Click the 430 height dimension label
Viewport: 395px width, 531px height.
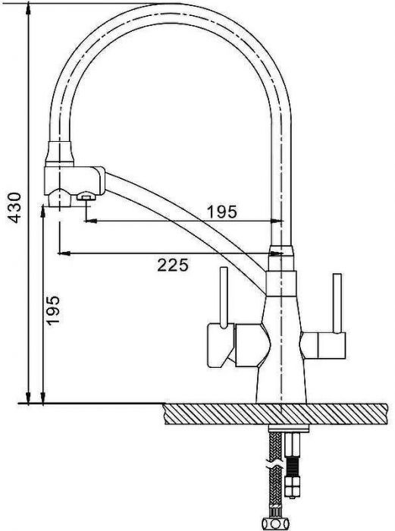pyautogui.click(x=14, y=207)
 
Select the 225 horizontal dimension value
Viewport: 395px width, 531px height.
pyautogui.click(x=173, y=265)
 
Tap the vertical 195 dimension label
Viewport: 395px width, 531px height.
pyautogui.click(x=53, y=310)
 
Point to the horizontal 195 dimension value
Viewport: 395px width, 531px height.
pyautogui.click(x=222, y=212)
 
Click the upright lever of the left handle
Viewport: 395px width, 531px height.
pyautogui.click(x=224, y=297)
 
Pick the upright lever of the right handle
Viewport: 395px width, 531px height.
pyautogui.click(x=337, y=303)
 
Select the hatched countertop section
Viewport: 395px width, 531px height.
pyautogui.click(x=275, y=413)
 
